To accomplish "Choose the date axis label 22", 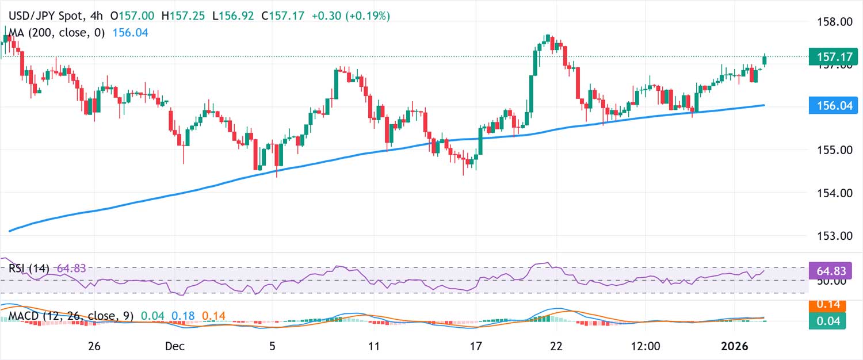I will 556,346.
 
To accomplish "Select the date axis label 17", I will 475,346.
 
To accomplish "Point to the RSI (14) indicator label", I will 29,268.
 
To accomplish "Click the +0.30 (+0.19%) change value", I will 350,16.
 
